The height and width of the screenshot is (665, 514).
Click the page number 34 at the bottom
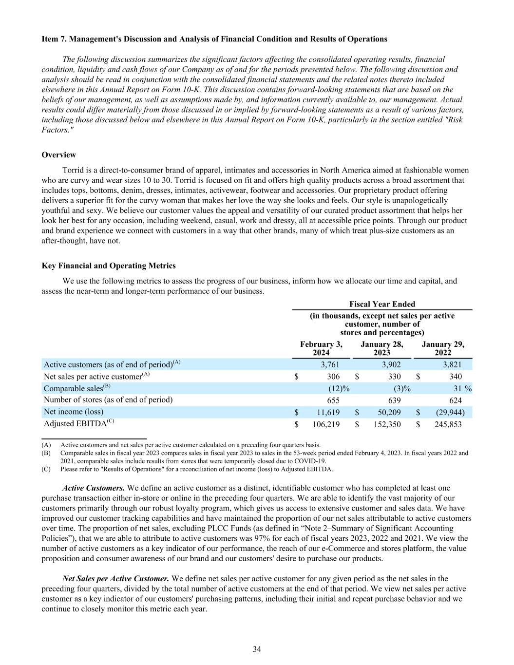pos(257,649)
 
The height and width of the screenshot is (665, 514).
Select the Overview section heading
pos(59,155)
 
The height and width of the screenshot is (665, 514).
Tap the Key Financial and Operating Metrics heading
pos(109,266)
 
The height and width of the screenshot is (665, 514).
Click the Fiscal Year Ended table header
pos(382,304)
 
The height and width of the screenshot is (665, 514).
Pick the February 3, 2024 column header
pos(321,348)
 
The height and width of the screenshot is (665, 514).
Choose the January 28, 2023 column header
pos(382,348)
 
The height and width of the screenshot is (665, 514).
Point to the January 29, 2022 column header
pos(443,348)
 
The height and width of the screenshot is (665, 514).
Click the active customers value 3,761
pos(330,364)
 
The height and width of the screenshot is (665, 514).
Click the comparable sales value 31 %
pos(462,388)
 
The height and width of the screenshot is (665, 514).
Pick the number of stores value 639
pos(394,400)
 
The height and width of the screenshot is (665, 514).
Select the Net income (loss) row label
pos(74,412)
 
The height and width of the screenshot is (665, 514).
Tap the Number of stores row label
pos(108,400)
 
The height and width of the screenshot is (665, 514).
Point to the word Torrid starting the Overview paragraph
pos(74,171)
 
